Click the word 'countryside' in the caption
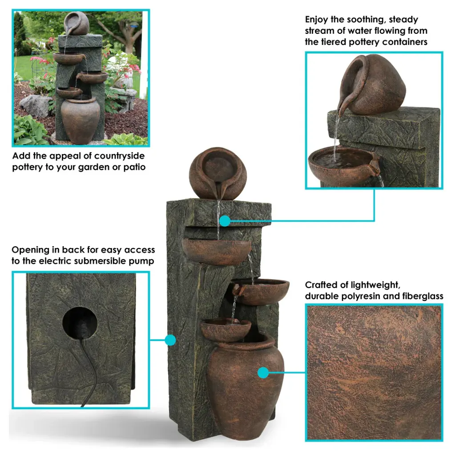pyautogui.click(x=119, y=156)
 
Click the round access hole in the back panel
pyautogui.click(x=80, y=323)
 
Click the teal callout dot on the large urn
pyautogui.click(x=263, y=373)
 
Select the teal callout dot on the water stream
pyautogui.click(x=225, y=221)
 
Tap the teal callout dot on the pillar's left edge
pyautogui.click(x=170, y=340)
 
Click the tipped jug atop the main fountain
pyautogui.click(x=218, y=173)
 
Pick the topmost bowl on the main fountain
pyautogui.click(x=217, y=251)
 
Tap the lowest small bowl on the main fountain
pyautogui.click(x=226, y=330)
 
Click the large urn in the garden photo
pyautogui.click(x=80, y=120)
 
